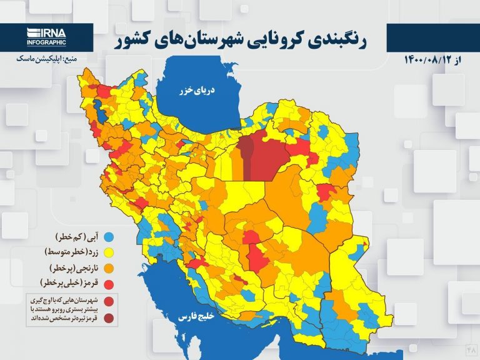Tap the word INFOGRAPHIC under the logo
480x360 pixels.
46,42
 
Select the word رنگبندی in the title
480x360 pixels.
339,41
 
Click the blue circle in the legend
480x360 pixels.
109,237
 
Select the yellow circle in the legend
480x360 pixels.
109,252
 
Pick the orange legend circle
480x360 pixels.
109,268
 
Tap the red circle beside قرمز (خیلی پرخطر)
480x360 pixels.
109,284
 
